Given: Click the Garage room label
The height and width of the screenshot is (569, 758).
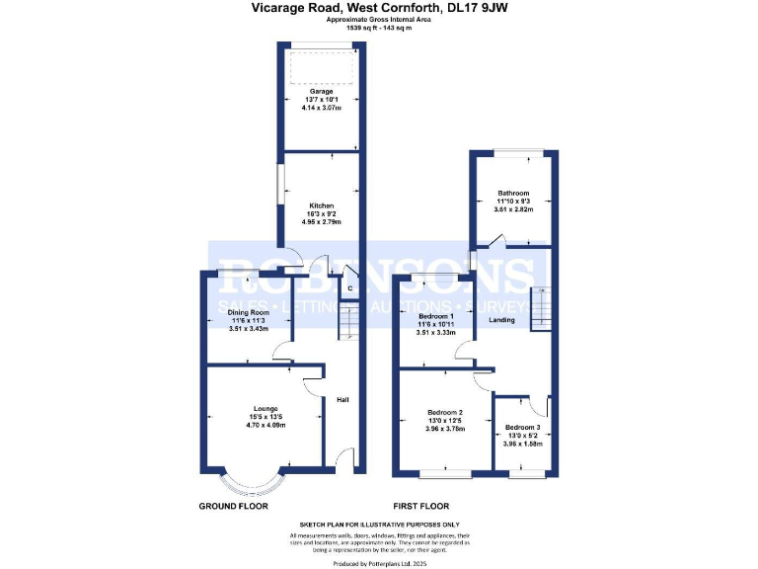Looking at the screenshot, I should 321,91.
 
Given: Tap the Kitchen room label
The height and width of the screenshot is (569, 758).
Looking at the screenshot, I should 321,205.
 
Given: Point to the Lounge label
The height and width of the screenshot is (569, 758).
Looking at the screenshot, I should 265,408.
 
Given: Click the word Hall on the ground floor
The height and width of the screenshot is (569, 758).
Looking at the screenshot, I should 342,400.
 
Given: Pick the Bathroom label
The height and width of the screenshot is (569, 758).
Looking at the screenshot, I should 513,193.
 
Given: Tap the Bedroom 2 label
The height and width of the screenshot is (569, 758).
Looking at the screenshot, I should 445,412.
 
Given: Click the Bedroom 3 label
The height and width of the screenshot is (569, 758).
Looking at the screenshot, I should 524,427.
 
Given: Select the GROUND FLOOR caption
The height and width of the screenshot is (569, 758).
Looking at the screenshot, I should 235,505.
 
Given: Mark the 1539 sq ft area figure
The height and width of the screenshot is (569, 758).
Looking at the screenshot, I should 359,28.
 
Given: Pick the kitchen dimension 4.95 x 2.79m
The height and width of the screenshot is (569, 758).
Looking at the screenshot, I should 321,222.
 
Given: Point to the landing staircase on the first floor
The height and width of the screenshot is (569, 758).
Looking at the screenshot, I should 540,309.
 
